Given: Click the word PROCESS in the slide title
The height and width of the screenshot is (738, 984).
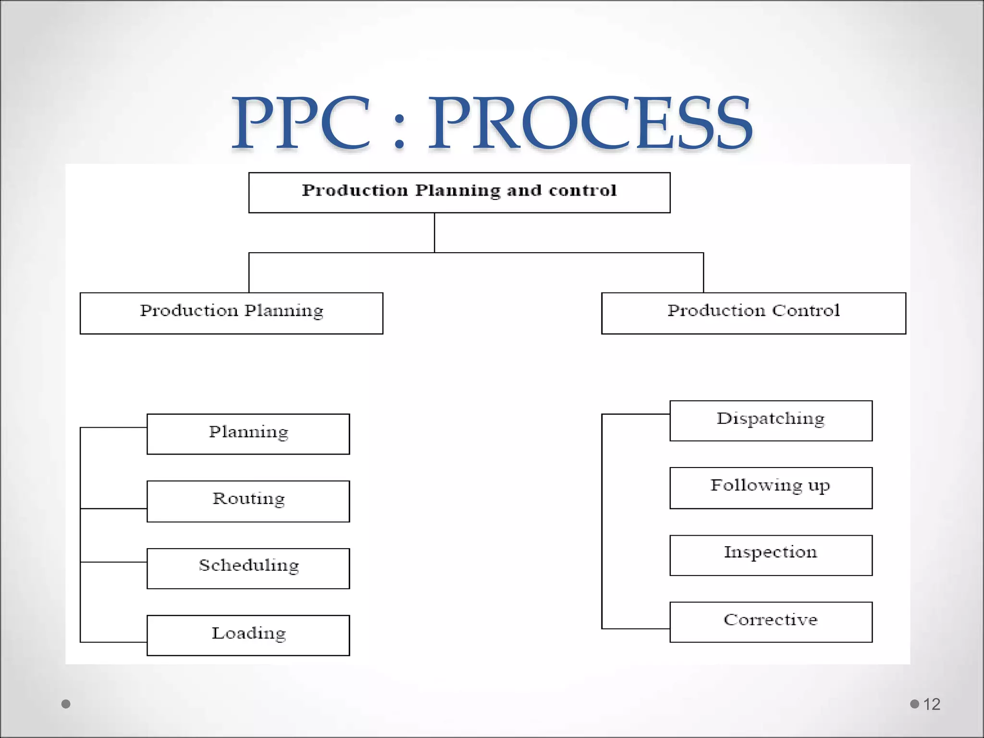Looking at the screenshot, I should click(590, 123).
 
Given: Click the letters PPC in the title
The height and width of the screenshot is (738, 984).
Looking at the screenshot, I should click(302, 123).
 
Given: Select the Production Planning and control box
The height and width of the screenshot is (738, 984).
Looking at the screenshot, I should click(459, 192).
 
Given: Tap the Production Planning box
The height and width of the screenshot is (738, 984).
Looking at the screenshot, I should click(231, 313).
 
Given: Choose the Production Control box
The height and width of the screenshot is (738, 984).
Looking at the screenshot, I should click(753, 313).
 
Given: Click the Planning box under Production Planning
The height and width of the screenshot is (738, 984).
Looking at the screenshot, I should click(248, 434).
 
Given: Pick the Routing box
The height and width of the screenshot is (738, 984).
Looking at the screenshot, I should click(248, 501).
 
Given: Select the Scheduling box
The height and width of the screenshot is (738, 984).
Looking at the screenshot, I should click(248, 568).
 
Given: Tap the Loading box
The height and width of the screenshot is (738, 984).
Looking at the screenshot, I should click(248, 635).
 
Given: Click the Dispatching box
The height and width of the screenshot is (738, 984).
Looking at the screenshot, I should click(771, 420).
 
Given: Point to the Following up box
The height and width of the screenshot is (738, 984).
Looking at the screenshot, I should click(771, 488).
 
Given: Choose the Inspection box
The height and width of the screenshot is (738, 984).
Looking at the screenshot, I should click(771, 555).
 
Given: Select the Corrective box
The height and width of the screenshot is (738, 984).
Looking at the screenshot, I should click(771, 622).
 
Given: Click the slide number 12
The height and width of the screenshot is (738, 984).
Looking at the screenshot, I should click(932, 704).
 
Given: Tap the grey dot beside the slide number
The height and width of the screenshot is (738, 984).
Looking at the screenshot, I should click(914, 704).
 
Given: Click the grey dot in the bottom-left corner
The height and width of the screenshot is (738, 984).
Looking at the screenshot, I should click(66, 704).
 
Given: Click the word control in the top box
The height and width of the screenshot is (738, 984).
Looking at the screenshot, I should click(582, 191).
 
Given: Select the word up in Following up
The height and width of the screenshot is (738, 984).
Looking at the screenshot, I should click(819, 486).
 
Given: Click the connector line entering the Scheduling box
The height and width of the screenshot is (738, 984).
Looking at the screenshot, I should click(114, 562).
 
